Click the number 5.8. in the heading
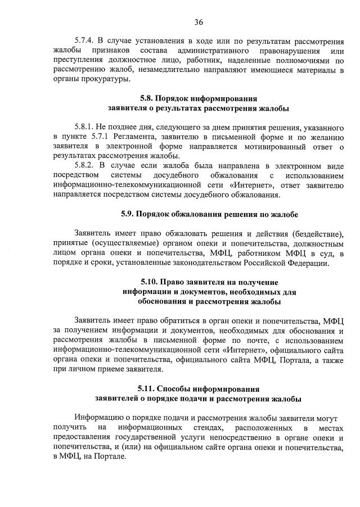pyautogui.click(x=147, y=98)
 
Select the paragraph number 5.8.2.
pyautogui.click(x=84, y=165)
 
